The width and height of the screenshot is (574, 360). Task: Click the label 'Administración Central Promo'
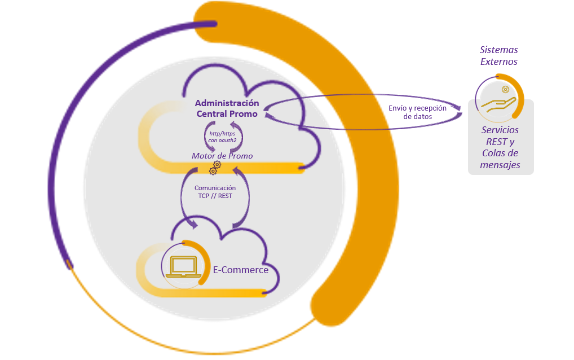(x=227, y=108)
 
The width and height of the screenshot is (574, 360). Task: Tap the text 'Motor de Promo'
(x=222, y=155)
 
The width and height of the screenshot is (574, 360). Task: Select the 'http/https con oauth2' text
(x=222, y=136)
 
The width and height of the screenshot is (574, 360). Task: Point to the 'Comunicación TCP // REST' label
(x=215, y=192)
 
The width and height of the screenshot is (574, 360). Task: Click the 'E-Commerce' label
(x=240, y=270)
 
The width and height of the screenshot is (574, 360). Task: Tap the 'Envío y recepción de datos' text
(x=418, y=112)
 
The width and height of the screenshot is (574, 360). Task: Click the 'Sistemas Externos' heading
(x=498, y=56)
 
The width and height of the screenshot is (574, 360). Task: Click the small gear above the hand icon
(x=505, y=89)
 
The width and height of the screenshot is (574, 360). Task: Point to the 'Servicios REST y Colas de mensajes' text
(x=500, y=147)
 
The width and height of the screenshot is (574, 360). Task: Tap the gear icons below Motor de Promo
(x=215, y=168)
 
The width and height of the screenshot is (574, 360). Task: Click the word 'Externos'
(x=498, y=62)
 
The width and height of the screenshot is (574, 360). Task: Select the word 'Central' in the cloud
(x=210, y=114)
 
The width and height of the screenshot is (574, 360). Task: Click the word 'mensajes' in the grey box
(x=500, y=165)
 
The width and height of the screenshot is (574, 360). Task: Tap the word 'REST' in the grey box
(x=497, y=142)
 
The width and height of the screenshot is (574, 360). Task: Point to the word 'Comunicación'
(x=215, y=188)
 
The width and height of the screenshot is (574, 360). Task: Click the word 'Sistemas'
(x=498, y=50)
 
